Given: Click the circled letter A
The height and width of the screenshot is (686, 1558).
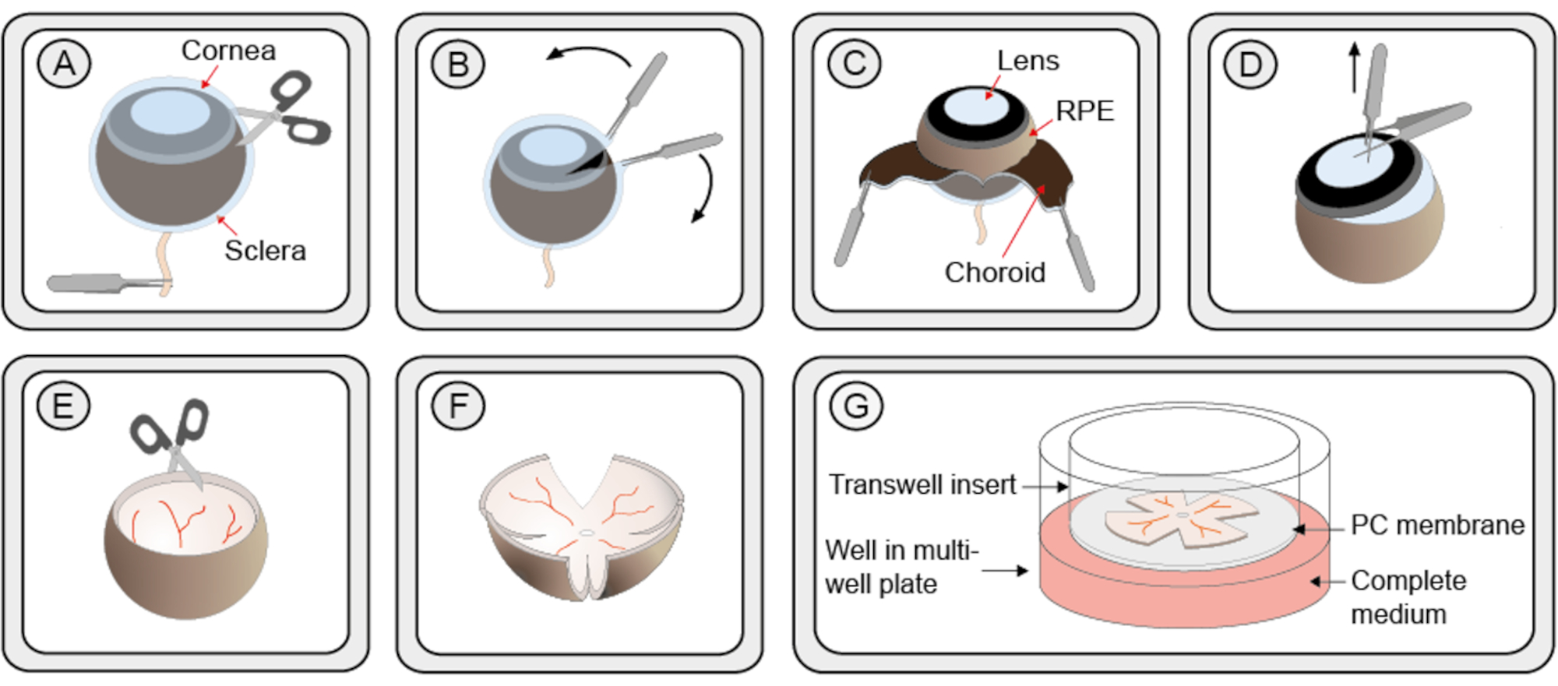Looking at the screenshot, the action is click(65, 63).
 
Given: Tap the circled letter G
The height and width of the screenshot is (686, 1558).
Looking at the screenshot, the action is click(855, 406).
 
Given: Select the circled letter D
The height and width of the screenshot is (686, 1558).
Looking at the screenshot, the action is click(1250, 65).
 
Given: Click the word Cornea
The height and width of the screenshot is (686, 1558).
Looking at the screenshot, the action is click(228, 51).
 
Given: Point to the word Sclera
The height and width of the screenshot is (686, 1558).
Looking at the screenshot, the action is click(265, 251).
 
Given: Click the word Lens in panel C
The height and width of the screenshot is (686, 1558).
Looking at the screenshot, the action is click(1028, 61).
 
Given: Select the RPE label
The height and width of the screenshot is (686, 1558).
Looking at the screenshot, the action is click(1084, 111).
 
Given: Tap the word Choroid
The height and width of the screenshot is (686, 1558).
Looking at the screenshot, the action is click(995, 273).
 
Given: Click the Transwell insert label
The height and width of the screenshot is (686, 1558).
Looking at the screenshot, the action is click(922, 484).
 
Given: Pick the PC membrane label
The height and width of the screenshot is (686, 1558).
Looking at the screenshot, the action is click(1437, 525).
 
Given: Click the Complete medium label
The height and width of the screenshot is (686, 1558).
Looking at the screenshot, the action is click(1408, 597).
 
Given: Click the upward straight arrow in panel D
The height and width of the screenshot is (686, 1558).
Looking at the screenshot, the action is click(1355, 67).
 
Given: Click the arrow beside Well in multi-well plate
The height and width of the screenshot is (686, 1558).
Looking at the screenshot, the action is click(1004, 571).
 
